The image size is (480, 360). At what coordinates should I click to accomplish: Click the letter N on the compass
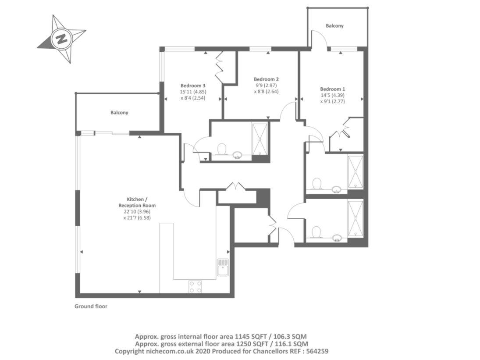pos(61,39)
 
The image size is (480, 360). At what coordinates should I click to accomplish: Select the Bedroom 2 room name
pos(266,79)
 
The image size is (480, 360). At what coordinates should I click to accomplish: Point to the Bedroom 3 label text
pos(193,86)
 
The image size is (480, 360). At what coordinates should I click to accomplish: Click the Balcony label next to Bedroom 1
pos(334,26)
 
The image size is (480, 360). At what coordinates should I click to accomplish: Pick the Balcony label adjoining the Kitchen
pos(119,113)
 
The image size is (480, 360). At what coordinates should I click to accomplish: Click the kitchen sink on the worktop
pos(223,267)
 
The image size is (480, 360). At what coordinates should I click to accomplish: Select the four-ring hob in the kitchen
pos(195,286)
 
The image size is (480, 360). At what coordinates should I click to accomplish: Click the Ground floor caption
pos(91,307)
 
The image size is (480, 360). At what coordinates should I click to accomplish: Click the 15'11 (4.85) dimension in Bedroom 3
pos(193,92)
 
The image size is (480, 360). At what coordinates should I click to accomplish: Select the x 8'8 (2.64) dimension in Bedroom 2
pos(266,92)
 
